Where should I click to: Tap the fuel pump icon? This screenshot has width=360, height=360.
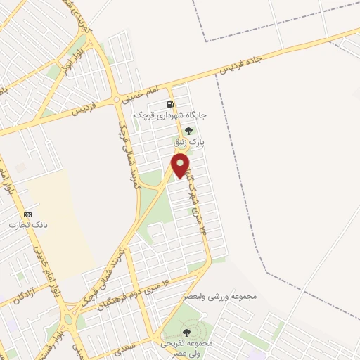(171, 105)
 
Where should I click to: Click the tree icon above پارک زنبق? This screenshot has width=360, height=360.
(188, 131)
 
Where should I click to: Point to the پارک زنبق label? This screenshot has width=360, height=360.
(191, 142)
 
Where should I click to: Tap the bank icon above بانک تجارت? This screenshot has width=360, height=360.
(28, 214)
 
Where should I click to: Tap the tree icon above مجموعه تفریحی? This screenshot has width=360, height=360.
(186, 333)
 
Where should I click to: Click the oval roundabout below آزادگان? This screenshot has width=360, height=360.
(69, 321)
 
